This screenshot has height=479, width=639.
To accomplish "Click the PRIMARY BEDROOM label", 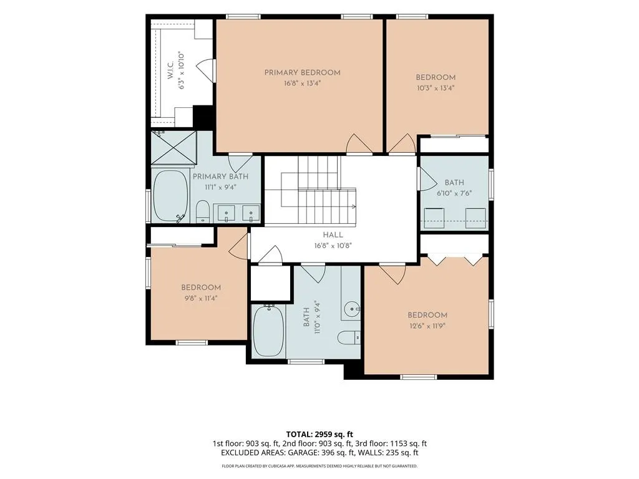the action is (x=303, y=73).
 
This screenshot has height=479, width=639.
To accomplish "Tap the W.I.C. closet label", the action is (x=170, y=70).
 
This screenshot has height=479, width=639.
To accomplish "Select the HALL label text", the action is (x=333, y=235).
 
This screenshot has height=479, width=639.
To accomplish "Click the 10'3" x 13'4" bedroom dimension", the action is (x=436, y=88).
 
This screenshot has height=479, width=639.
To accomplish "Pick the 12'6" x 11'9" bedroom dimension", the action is (x=427, y=326).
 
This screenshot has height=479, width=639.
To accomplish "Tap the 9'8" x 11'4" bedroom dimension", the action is (x=201, y=298).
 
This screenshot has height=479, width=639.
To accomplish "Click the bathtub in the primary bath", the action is (x=171, y=196).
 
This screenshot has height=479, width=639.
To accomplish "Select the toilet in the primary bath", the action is (x=203, y=211).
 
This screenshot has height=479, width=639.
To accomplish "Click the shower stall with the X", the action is (x=174, y=147).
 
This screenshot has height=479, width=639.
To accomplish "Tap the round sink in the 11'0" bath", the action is (x=351, y=309).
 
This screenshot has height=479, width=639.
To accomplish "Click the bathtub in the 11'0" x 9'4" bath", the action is (x=268, y=331).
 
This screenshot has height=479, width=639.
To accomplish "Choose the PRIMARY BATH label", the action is (x=220, y=177).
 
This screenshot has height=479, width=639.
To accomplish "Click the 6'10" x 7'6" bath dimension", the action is (x=454, y=193).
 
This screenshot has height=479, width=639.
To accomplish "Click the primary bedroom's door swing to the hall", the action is (x=359, y=144).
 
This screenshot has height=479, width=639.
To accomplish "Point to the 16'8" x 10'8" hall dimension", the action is (x=333, y=246).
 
